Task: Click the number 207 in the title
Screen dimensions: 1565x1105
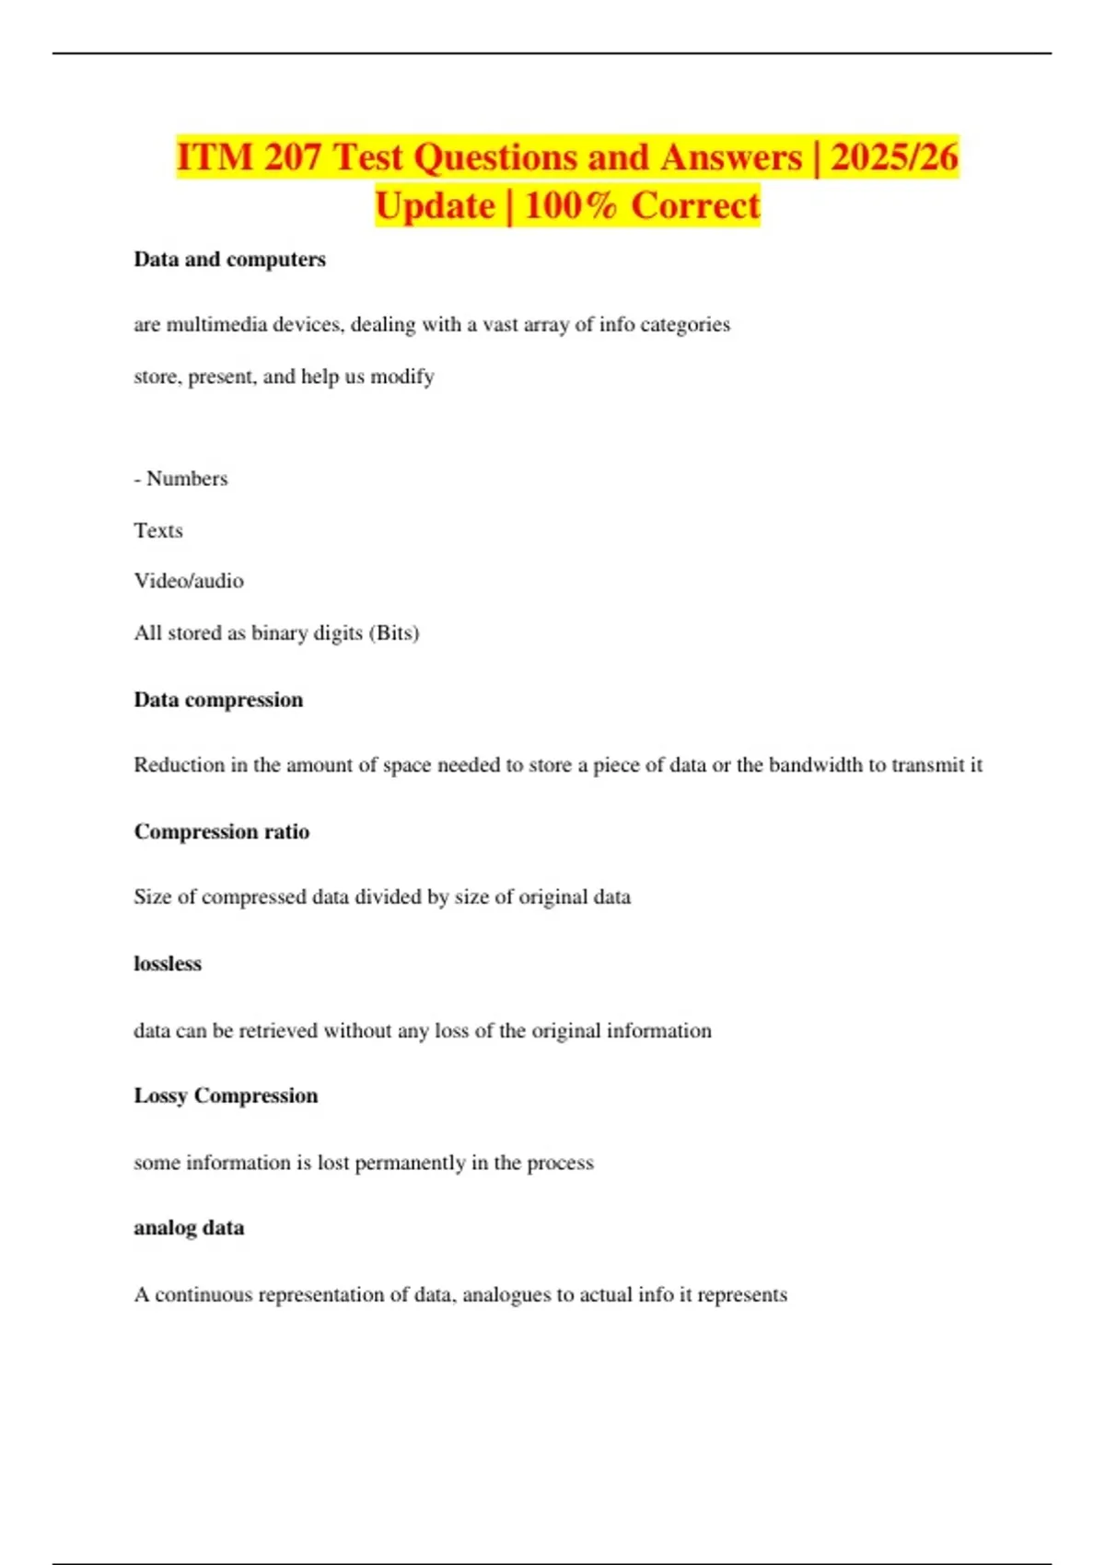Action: click(x=292, y=157)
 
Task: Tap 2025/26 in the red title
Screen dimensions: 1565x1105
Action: click(x=894, y=157)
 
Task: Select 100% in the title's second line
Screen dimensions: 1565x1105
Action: click(x=571, y=205)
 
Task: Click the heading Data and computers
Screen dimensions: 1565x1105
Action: click(x=229, y=260)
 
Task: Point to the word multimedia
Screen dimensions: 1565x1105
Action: click(x=209, y=325)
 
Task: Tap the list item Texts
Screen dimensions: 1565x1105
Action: click(x=158, y=530)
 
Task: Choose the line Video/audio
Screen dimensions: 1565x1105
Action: click(x=189, y=581)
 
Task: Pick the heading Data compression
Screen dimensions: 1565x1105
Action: click(x=218, y=700)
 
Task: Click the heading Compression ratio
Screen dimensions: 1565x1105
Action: click(x=222, y=832)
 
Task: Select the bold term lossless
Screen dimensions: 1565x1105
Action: click(x=168, y=964)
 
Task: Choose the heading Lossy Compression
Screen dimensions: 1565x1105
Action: click(x=226, y=1095)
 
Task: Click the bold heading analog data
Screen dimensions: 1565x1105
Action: click(x=189, y=1228)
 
